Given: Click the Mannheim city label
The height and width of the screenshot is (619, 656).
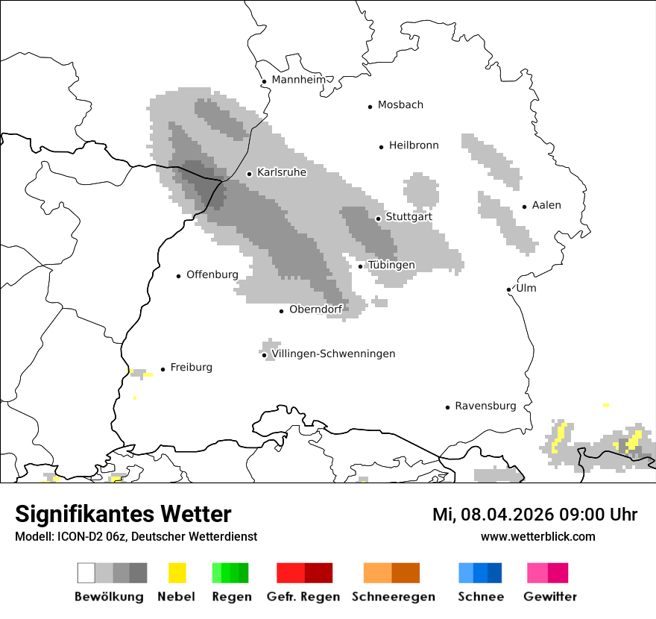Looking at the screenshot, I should pos(298,80).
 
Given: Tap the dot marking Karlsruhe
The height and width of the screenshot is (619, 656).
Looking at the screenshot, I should pos(250,174).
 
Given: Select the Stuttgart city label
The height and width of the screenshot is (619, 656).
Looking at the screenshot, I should pos(409,217).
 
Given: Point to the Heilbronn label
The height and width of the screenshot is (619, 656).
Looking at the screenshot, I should pos(414,145).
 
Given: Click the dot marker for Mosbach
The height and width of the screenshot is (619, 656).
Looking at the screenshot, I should pos(370,107).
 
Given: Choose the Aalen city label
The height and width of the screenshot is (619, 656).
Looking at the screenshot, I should pos(546,205).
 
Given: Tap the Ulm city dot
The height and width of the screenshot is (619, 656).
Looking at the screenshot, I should pos(508,289).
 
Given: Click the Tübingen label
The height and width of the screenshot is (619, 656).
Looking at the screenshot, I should pos(391,265).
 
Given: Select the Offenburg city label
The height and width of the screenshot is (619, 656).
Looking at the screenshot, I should pos(212,274).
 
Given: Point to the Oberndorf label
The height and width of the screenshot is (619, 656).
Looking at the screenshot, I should pos(316,309).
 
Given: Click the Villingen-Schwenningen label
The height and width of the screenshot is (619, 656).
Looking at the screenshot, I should pos(333,354).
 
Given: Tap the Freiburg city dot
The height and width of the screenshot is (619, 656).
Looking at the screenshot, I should pos(163,369).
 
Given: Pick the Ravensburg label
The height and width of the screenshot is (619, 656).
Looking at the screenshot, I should pos(485,406).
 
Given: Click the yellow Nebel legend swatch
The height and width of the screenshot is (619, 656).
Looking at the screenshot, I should pos(177,573).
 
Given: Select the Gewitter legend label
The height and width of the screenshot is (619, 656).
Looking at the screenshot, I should pos(550,597).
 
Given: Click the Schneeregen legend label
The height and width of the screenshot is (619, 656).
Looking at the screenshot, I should pos(393,597).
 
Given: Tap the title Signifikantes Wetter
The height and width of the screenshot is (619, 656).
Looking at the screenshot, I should pos(123,514).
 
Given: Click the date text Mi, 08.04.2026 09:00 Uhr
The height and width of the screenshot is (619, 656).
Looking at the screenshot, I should pos(534,515).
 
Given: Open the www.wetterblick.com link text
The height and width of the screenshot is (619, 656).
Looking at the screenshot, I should pos(537,536).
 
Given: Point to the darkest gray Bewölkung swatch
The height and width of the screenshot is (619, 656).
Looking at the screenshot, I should pos(139,573).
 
